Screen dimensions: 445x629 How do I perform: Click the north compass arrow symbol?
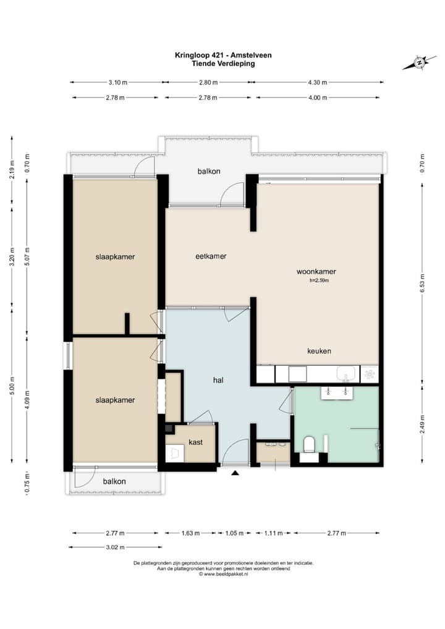point(420,62)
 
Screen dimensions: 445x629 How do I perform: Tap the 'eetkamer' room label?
point(211,256)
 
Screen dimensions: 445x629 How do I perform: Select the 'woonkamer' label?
point(316,272)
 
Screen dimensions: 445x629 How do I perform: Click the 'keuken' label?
point(319,351)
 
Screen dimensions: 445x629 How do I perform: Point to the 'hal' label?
point(218,380)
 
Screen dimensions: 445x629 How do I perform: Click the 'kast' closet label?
point(195,442)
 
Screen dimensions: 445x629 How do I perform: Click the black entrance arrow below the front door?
point(235,473)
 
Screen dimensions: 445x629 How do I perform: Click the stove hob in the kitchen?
point(369,374)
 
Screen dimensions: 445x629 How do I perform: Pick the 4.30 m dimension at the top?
point(318,83)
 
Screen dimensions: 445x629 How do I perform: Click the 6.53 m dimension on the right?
point(422,283)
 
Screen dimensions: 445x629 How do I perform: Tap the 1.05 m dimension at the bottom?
point(234,533)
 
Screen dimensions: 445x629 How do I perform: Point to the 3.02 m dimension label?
point(116,547)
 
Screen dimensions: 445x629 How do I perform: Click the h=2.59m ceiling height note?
point(319,281)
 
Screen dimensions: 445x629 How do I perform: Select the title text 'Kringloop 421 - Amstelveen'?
point(223,56)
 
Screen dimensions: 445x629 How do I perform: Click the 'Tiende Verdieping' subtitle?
point(223,64)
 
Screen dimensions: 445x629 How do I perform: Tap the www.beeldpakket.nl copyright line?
point(224,574)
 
